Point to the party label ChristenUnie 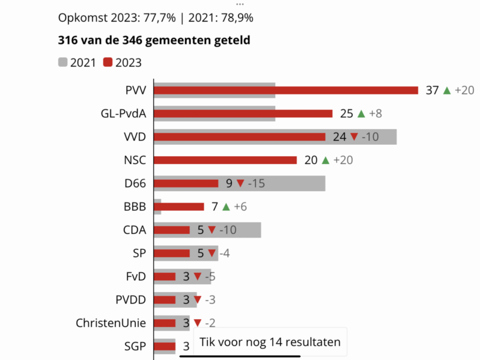(x=111, y=323)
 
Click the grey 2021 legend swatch (x=62, y=62)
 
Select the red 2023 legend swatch (x=108, y=62)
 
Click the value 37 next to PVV (x=433, y=90)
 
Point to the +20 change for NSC (x=344, y=160)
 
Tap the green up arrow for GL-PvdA (x=361, y=114)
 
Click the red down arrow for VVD (x=354, y=137)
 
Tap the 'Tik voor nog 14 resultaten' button (x=270, y=342)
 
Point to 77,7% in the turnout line (x=160, y=17)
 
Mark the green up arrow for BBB (x=226, y=207)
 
